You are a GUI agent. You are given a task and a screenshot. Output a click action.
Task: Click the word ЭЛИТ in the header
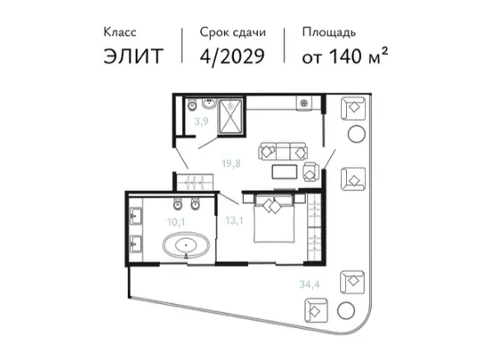coord(133,56)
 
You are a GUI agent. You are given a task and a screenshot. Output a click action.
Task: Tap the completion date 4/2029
coord(232,56)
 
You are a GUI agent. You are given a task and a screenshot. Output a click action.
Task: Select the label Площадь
coord(329,33)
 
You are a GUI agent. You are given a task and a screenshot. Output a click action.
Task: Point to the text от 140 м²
coord(344,56)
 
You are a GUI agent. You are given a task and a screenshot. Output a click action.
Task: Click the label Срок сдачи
coord(233,32)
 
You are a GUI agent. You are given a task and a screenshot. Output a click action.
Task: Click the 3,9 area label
coord(201,121)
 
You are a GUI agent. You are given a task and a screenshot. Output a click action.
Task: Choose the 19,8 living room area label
coord(231,164)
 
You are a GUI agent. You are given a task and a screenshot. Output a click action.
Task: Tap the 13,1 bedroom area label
coord(234,220)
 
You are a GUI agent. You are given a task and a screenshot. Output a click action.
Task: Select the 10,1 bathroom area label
coord(175,222)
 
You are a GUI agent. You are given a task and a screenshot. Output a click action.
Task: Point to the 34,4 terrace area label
coord(309,284)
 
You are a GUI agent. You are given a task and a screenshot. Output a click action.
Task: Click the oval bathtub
coord(186,245)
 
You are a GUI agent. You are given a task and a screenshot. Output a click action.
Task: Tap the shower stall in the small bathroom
coord(231,116)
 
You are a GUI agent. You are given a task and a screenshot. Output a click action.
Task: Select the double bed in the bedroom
coord(274,218)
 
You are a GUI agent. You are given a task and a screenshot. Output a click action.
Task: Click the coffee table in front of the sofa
coord(284,172)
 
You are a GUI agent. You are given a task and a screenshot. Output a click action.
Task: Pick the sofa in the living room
coord(283,152)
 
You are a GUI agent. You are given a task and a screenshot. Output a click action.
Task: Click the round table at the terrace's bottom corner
coord(346,311)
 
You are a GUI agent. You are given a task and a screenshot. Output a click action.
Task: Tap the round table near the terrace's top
coord(357,133)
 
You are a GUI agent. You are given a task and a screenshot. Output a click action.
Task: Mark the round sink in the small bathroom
coord(209,104)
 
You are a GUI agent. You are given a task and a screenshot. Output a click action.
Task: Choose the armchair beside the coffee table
coord(310,172)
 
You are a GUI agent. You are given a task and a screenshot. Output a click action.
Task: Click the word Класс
coord(120,32)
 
